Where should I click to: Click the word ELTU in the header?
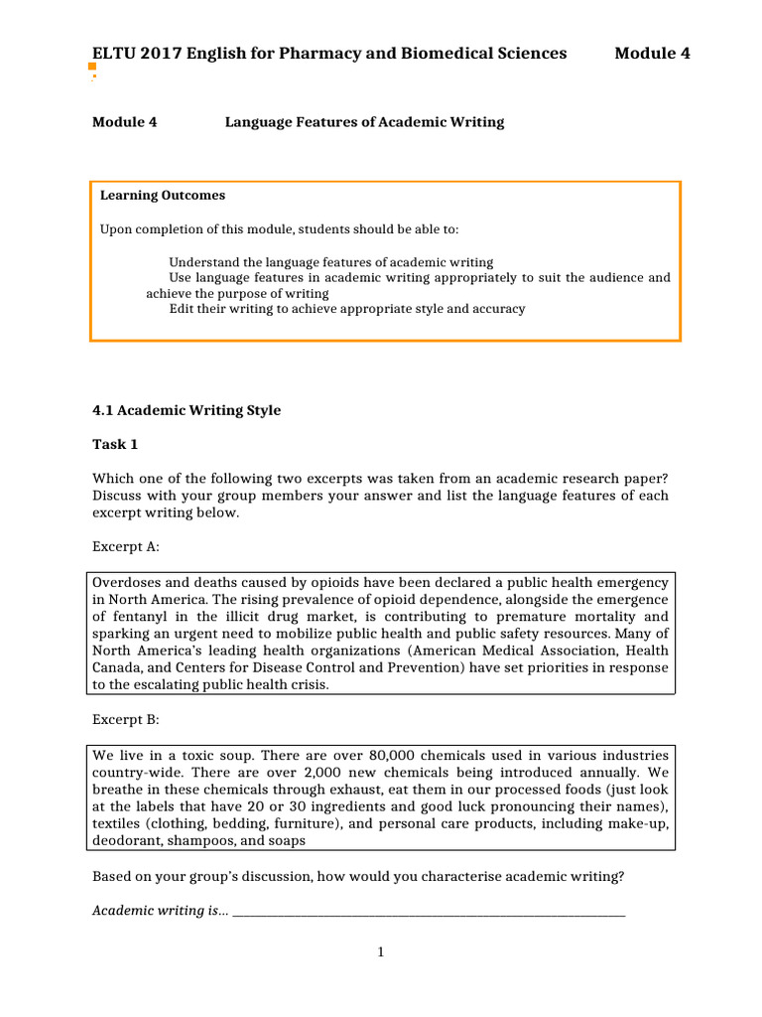pos(113,53)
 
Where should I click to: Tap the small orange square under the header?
pos(92,66)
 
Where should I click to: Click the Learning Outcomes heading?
pos(163,196)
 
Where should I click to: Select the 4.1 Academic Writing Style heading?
pos(187,410)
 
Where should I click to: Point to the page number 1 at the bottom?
pos(380,952)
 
